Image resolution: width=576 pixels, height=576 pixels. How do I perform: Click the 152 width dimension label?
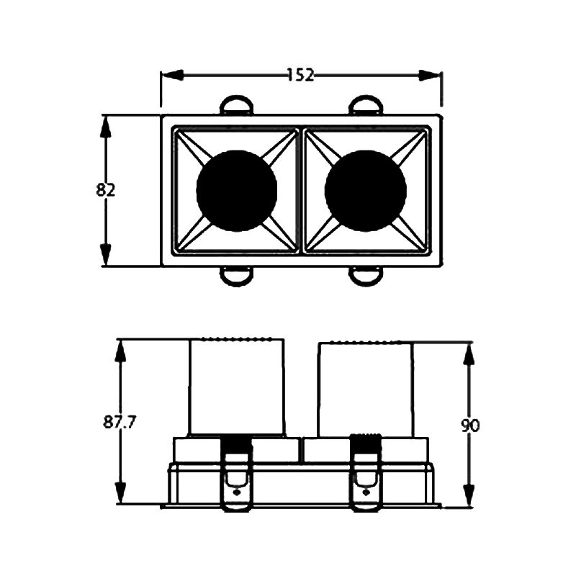point(300,75)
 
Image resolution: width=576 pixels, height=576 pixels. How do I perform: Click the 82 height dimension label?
point(105,190)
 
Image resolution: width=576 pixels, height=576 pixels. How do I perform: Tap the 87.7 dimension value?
point(120,423)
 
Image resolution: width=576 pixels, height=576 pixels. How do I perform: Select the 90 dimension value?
point(470,426)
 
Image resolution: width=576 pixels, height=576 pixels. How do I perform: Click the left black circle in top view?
point(237,191)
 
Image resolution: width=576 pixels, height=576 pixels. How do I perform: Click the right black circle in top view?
point(366,191)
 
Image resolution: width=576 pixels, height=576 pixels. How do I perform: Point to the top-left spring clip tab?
point(237,104)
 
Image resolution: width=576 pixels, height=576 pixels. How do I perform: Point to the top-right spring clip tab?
point(366,104)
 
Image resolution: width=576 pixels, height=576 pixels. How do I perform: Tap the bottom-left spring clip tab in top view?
point(237,276)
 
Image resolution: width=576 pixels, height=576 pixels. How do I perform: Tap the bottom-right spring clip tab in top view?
point(366,276)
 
